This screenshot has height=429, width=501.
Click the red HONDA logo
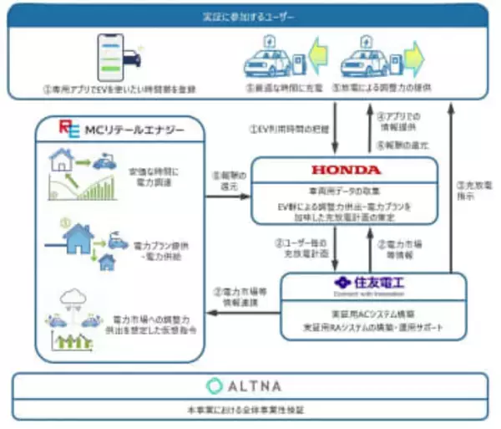pyautogui.click(x=344, y=170)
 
